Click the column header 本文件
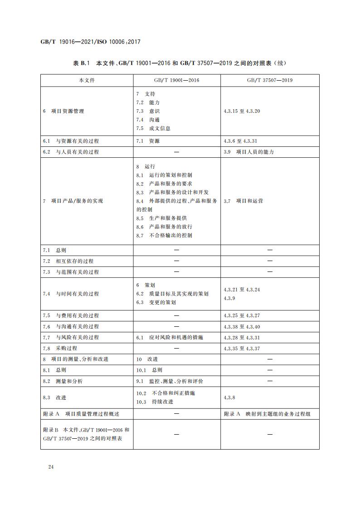tap(87, 80)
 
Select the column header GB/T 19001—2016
tap(177, 80)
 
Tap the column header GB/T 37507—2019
tap(270, 80)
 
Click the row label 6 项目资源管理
tap(63, 111)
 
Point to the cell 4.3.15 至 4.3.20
tap(242, 111)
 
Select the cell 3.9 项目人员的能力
tap(249, 152)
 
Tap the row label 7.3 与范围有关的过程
tap(71, 272)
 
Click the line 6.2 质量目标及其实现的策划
tap(172, 294)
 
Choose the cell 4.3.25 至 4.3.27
tap(242, 315)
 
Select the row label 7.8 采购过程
tap(60, 348)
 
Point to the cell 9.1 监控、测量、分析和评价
tap(170, 381)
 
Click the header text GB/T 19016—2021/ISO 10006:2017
tap(91, 42)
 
